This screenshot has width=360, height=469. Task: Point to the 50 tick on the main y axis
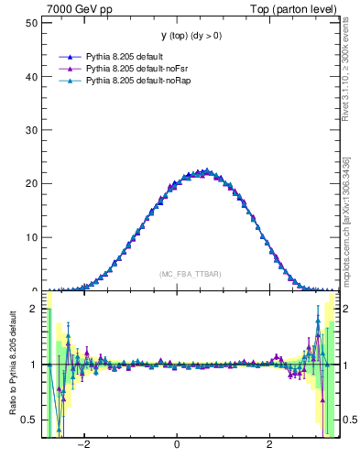pyautogui.click(x=32, y=22)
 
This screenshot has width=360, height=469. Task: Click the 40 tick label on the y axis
pyautogui.click(x=32, y=76)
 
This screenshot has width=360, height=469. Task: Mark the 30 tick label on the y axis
pyautogui.click(x=32, y=130)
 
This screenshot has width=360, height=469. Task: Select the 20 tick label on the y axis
pyautogui.click(x=32, y=183)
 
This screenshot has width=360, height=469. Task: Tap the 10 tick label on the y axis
pyautogui.click(x=32, y=237)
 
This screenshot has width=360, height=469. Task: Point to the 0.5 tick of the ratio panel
pyautogui.click(x=30, y=420)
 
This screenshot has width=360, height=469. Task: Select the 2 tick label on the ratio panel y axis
pyautogui.click(x=35, y=309)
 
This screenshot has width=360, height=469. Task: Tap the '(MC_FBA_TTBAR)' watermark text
pyautogui.click(x=190, y=274)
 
